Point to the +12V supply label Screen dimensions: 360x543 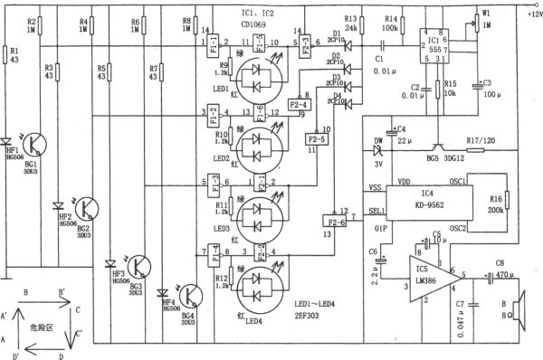pos(528,14)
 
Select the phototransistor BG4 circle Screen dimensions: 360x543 pos(192,295)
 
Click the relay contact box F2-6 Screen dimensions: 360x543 pos(337,219)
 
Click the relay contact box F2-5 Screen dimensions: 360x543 pos(317,140)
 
